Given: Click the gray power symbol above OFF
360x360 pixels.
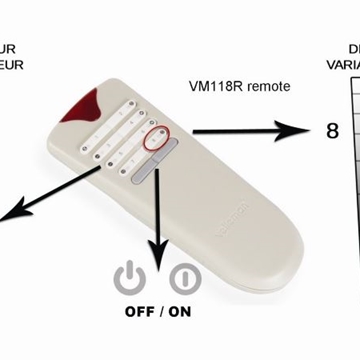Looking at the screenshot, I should point(132,278).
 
